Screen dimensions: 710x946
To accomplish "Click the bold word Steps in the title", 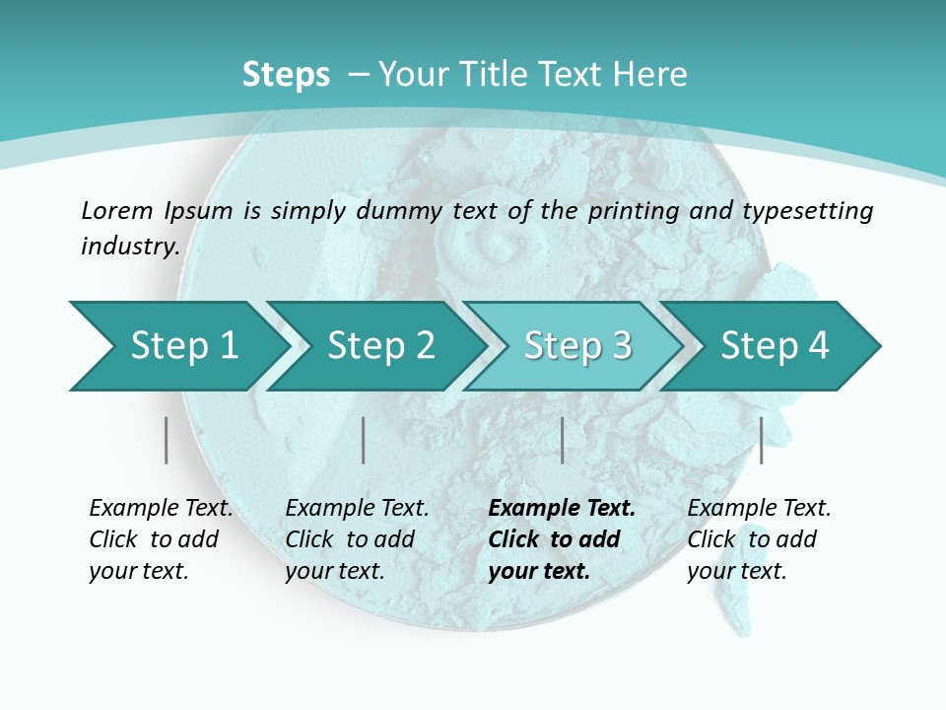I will point(286,75).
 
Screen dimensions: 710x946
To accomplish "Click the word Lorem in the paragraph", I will point(117,210).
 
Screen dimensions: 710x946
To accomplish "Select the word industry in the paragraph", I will point(129,247).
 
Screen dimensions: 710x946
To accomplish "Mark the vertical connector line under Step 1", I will point(167,440).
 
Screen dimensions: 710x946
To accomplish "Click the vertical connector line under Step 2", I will point(364,440).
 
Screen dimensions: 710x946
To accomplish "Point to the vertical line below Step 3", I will point(563,440).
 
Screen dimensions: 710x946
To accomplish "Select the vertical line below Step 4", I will point(762,440).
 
